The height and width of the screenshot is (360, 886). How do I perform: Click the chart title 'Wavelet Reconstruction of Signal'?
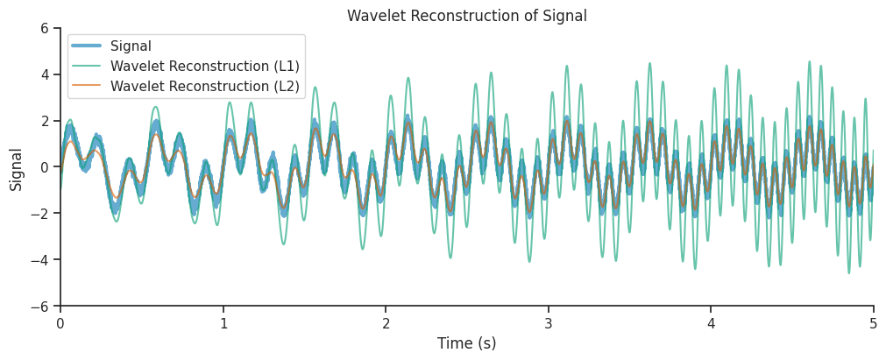(x=466, y=16)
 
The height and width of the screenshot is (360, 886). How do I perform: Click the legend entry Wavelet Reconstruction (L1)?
(x=204, y=66)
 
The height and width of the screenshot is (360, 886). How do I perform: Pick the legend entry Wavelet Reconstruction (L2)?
(x=204, y=86)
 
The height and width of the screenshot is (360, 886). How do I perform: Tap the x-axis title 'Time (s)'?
(x=466, y=343)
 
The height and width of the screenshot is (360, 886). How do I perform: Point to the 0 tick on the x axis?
(x=60, y=323)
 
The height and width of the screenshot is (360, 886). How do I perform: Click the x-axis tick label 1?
(x=223, y=323)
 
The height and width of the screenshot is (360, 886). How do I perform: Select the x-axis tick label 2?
(x=386, y=323)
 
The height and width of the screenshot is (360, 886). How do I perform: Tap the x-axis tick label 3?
(x=549, y=323)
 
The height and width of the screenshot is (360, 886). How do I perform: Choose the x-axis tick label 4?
(x=711, y=323)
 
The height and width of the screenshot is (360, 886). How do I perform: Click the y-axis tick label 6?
(x=44, y=28)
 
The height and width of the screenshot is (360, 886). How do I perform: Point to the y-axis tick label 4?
(x=44, y=74)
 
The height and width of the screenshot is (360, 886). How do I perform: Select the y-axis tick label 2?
(x=44, y=121)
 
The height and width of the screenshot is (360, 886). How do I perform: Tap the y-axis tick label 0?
(x=44, y=167)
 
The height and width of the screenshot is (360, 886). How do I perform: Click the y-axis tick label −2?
(x=39, y=214)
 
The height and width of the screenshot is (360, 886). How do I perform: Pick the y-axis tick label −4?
(x=39, y=260)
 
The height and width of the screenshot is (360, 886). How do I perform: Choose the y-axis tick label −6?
(x=39, y=307)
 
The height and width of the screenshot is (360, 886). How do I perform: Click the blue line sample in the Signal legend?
(x=88, y=46)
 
